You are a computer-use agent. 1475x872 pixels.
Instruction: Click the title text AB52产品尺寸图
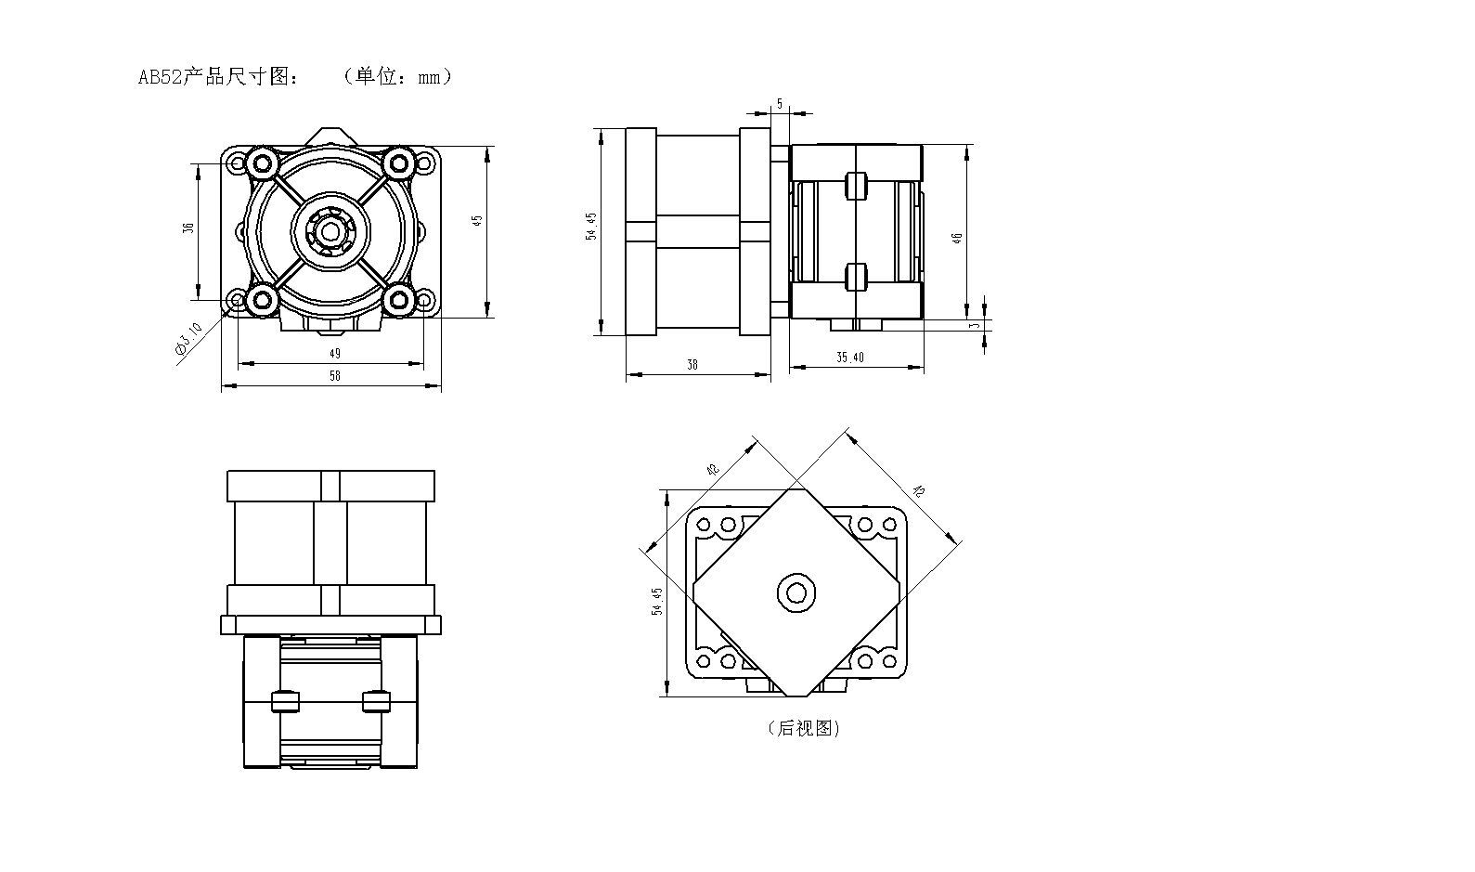click(219, 77)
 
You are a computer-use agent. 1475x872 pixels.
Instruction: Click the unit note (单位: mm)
click(396, 77)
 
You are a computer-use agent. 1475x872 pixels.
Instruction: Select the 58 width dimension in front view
click(335, 376)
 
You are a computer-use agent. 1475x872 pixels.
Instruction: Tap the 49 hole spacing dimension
click(335, 353)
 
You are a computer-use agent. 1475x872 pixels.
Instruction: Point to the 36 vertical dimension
click(188, 228)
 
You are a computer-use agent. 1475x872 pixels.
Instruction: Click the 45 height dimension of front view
click(478, 221)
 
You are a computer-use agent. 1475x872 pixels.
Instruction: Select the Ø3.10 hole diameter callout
click(188, 338)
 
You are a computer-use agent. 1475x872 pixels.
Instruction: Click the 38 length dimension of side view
click(692, 365)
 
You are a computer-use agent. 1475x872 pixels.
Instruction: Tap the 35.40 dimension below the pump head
click(850, 358)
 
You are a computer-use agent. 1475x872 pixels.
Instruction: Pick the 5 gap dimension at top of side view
click(780, 104)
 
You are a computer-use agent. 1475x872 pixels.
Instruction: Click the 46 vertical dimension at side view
click(958, 237)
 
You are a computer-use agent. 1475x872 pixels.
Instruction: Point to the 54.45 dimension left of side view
click(591, 228)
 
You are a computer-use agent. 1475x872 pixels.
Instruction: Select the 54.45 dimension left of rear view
click(657, 602)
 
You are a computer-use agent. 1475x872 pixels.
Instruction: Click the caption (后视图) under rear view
click(804, 729)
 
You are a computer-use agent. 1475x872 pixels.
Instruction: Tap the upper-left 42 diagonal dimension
click(713, 470)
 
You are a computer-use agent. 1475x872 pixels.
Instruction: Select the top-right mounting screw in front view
click(400, 163)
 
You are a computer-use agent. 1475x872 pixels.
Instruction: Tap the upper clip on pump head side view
click(856, 186)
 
